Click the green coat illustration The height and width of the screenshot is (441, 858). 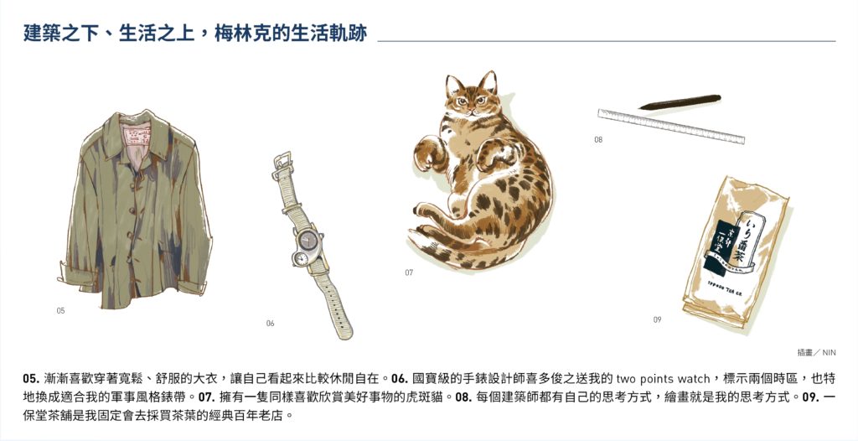pos(134,211)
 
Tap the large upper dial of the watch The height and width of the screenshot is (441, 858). pos(308,240)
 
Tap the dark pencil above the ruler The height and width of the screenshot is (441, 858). pos(680,102)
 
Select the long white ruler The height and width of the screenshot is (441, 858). pos(671,126)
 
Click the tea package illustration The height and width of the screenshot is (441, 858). pos(736,252)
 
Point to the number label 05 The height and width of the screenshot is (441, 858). pos(60,310)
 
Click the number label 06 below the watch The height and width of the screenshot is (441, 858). pos(270,324)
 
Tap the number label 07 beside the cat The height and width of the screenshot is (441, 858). pos(409,272)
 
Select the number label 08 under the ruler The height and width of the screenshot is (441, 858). pos(598,140)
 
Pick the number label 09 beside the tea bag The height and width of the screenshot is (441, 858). pos(657,319)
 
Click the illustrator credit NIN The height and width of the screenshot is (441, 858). pos(829,353)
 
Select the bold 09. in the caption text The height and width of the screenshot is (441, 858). pos(811,397)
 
